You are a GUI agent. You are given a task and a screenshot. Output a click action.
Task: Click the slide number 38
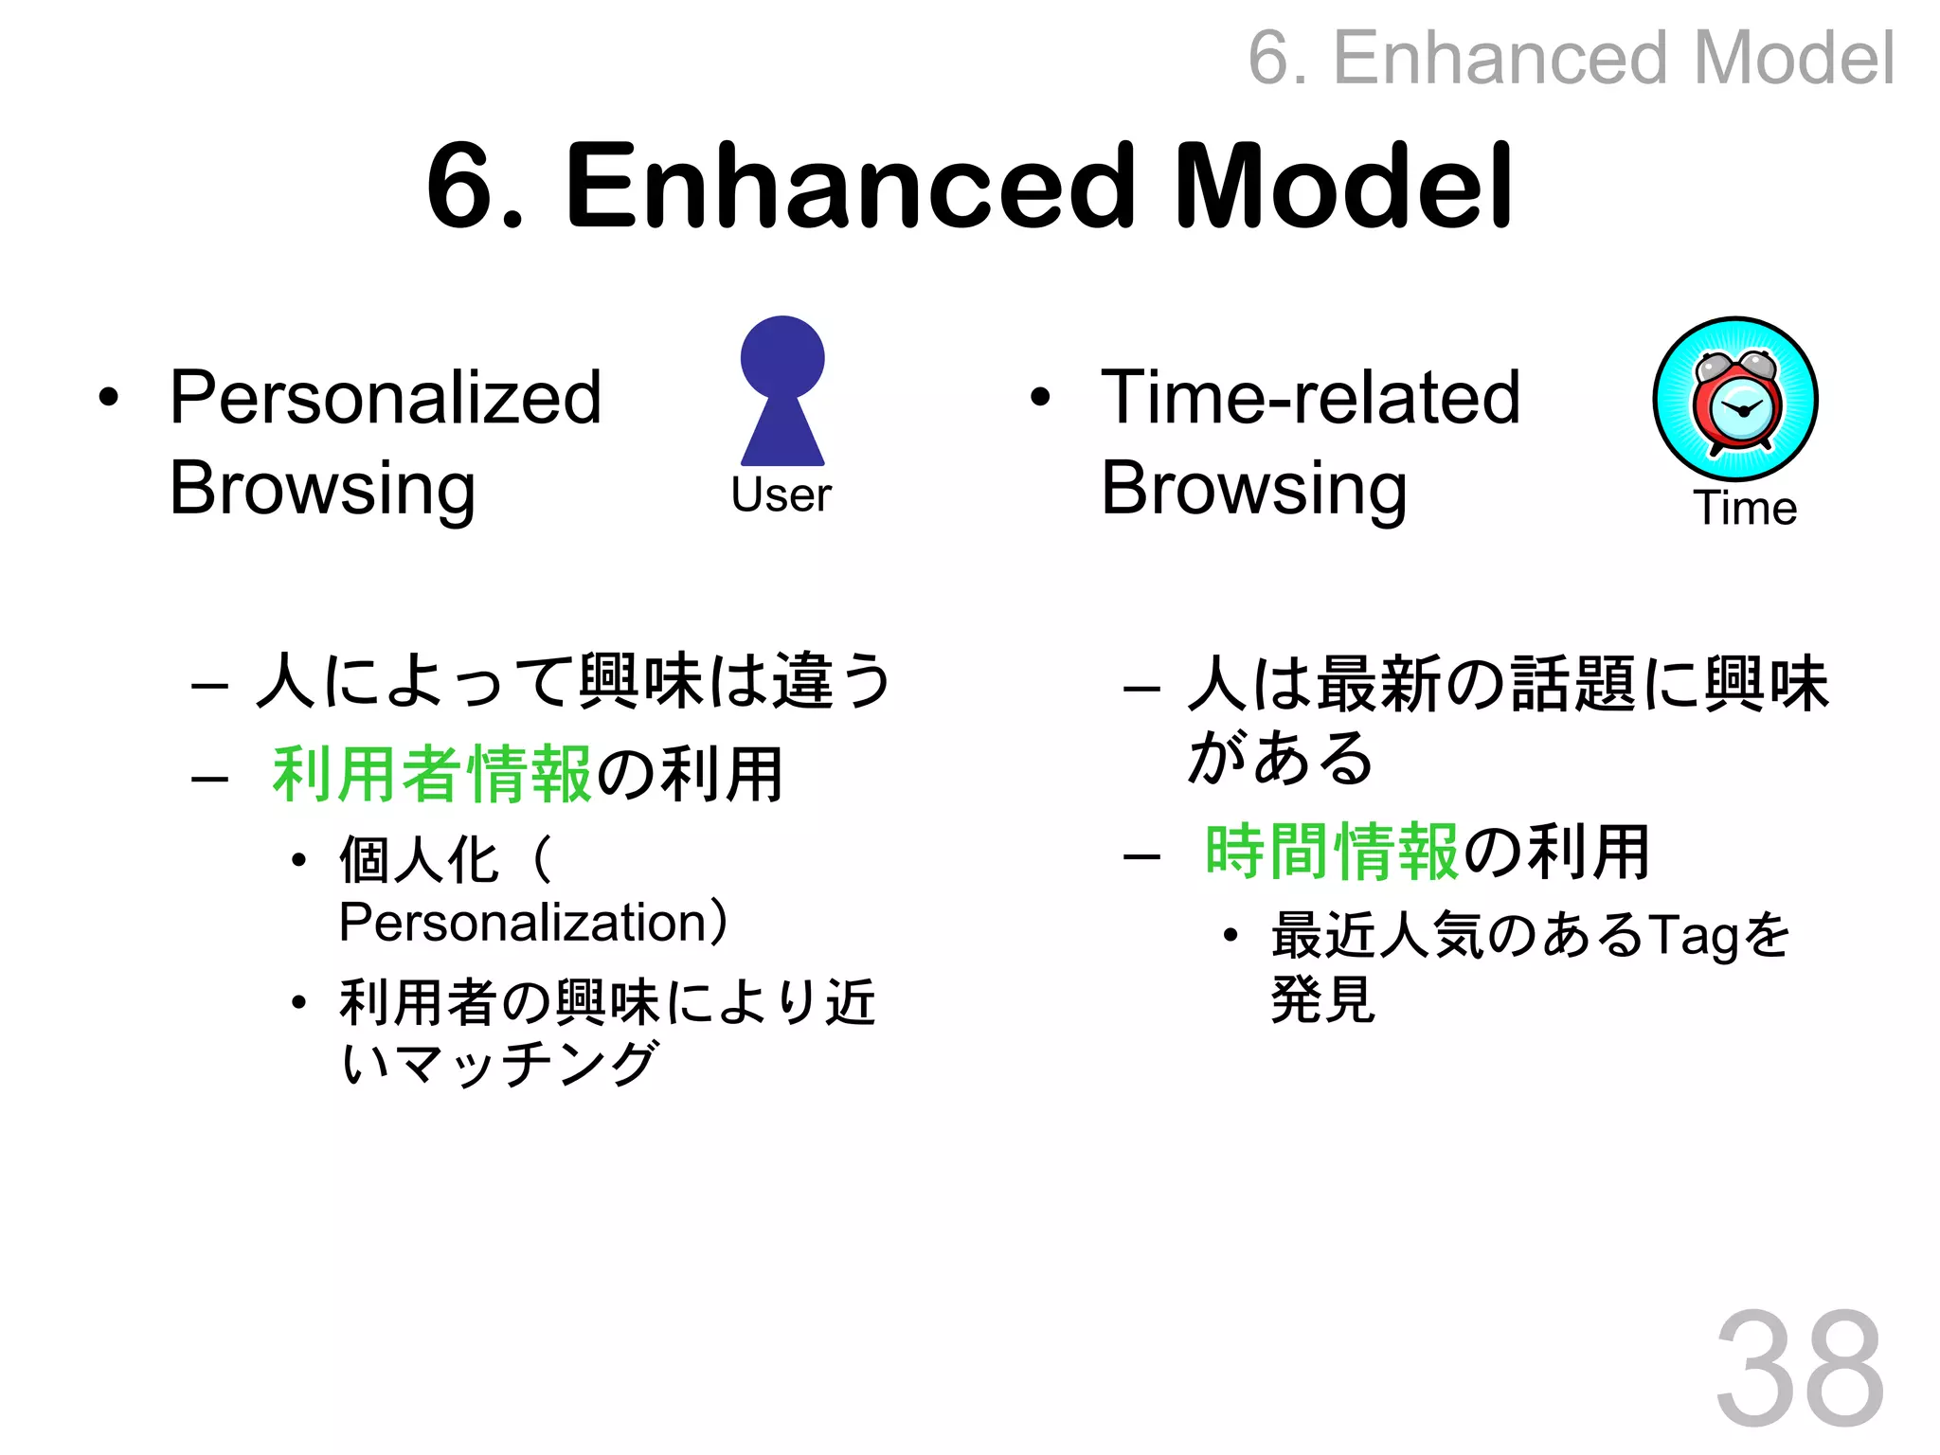click(1799, 1368)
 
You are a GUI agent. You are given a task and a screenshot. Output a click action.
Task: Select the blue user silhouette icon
click(782, 390)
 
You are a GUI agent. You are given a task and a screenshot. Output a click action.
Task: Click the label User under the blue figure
click(781, 494)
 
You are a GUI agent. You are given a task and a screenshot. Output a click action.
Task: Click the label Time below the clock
click(1744, 509)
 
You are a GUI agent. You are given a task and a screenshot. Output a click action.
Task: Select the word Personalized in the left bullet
click(386, 398)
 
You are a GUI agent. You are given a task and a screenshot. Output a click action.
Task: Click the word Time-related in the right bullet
click(1310, 398)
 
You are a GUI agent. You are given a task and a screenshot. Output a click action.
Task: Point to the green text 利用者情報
click(432, 775)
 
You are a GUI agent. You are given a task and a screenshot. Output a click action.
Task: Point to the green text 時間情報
click(1331, 852)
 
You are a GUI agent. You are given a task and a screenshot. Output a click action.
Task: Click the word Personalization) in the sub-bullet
click(533, 923)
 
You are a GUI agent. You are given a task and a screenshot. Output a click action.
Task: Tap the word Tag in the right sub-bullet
click(1693, 936)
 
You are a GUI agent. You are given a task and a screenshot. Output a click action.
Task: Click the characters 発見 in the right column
click(1322, 998)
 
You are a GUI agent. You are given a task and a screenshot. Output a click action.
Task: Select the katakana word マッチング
click(526, 1063)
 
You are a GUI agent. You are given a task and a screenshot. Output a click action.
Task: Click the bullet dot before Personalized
click(109, 398)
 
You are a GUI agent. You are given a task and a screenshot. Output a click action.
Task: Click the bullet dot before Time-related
click(1040, 398)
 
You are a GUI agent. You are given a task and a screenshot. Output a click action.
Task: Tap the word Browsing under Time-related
click(1253, 489)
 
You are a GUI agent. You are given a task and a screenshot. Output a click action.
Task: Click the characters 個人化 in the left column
click(419, 860)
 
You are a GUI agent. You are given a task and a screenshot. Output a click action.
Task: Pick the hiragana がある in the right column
click(1280, 759)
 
